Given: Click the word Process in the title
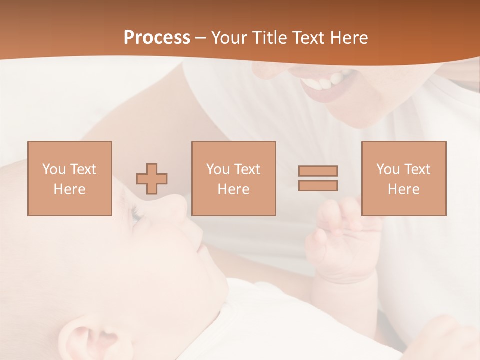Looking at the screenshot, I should pos(157,38).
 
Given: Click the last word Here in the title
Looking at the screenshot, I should pos(348,38).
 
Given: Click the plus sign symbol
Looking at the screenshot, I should pos(152,178).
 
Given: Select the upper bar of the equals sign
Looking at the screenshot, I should pos(318,171).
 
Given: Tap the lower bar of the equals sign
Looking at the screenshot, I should pos(318,185).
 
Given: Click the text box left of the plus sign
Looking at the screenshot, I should pos(69,178).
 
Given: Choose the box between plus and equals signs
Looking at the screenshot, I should pos(233,178).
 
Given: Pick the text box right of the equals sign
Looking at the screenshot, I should pos(403,178).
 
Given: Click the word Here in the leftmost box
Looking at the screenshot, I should pos(69,189).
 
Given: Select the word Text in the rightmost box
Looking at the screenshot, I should pos(417,169).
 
